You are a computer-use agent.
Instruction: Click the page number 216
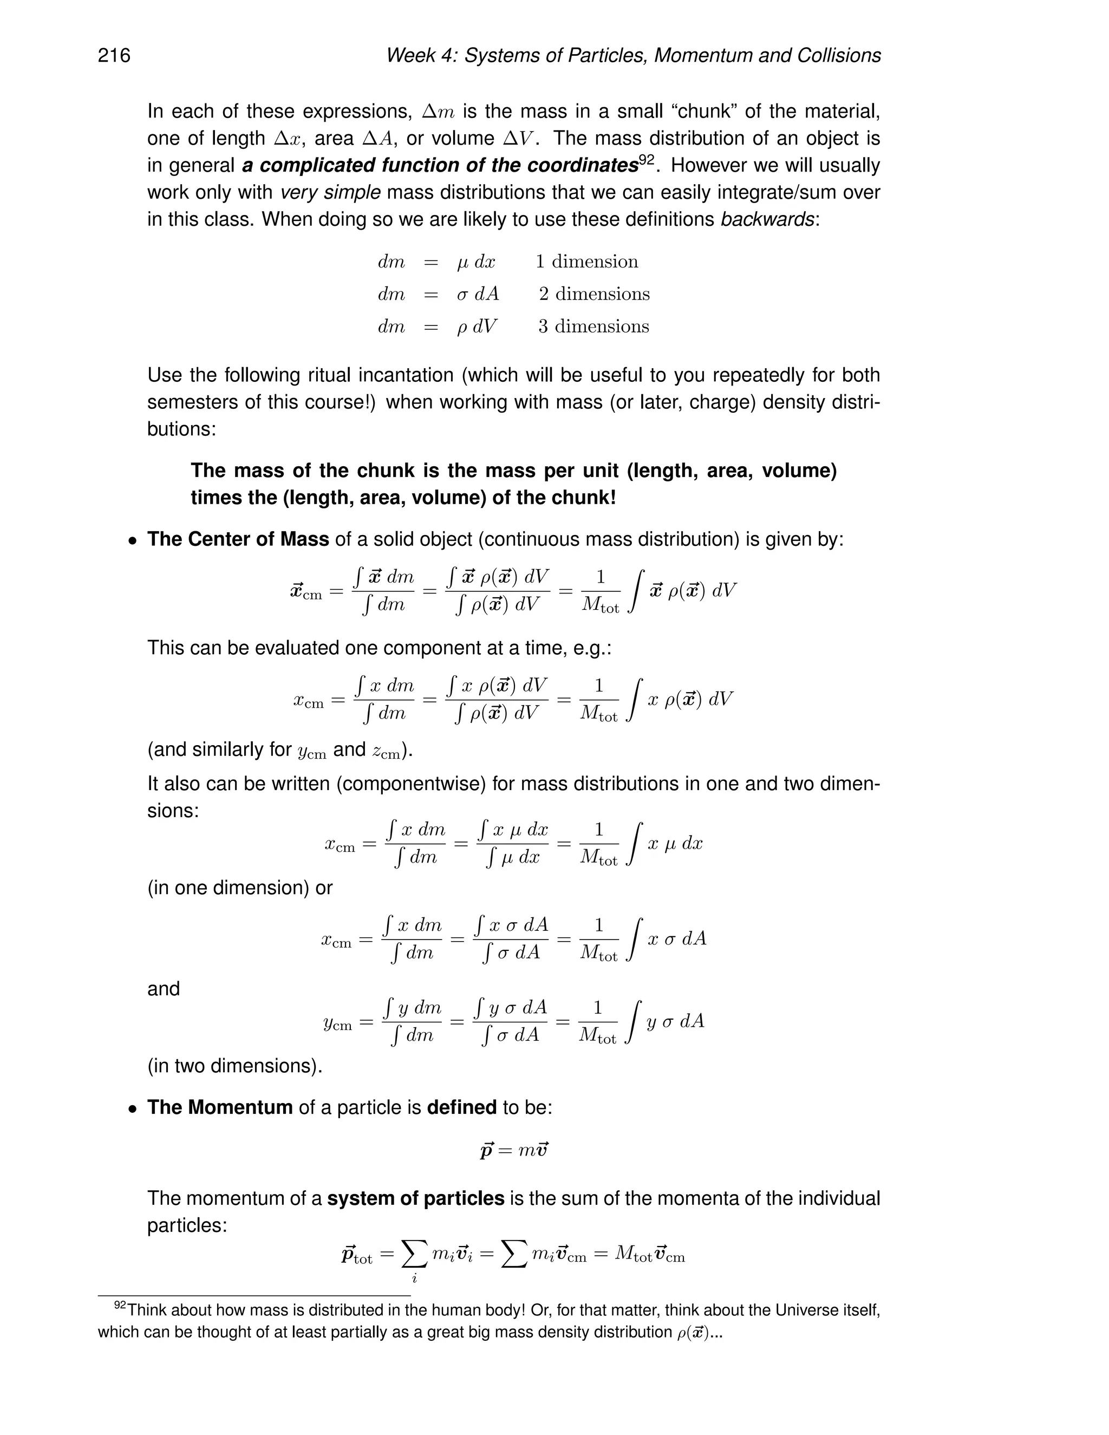pos(114,55)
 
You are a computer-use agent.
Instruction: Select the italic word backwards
pos(767,219)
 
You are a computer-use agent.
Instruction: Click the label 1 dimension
pos(586,262)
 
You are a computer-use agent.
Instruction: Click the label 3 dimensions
pos(593,327)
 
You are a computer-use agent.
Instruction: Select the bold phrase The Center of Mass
pos(238,539)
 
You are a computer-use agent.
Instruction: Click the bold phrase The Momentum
pos(219,1108)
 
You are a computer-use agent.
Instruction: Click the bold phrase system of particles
pos(415,1198)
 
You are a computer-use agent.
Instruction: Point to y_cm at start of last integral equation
pos(338,1023)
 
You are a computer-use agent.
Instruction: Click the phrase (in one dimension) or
pos(240,888)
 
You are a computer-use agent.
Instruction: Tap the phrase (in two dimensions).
pos(234,1066)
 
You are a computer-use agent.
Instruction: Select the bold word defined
pos(461,1108)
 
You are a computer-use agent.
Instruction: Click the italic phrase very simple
pos(330,193)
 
